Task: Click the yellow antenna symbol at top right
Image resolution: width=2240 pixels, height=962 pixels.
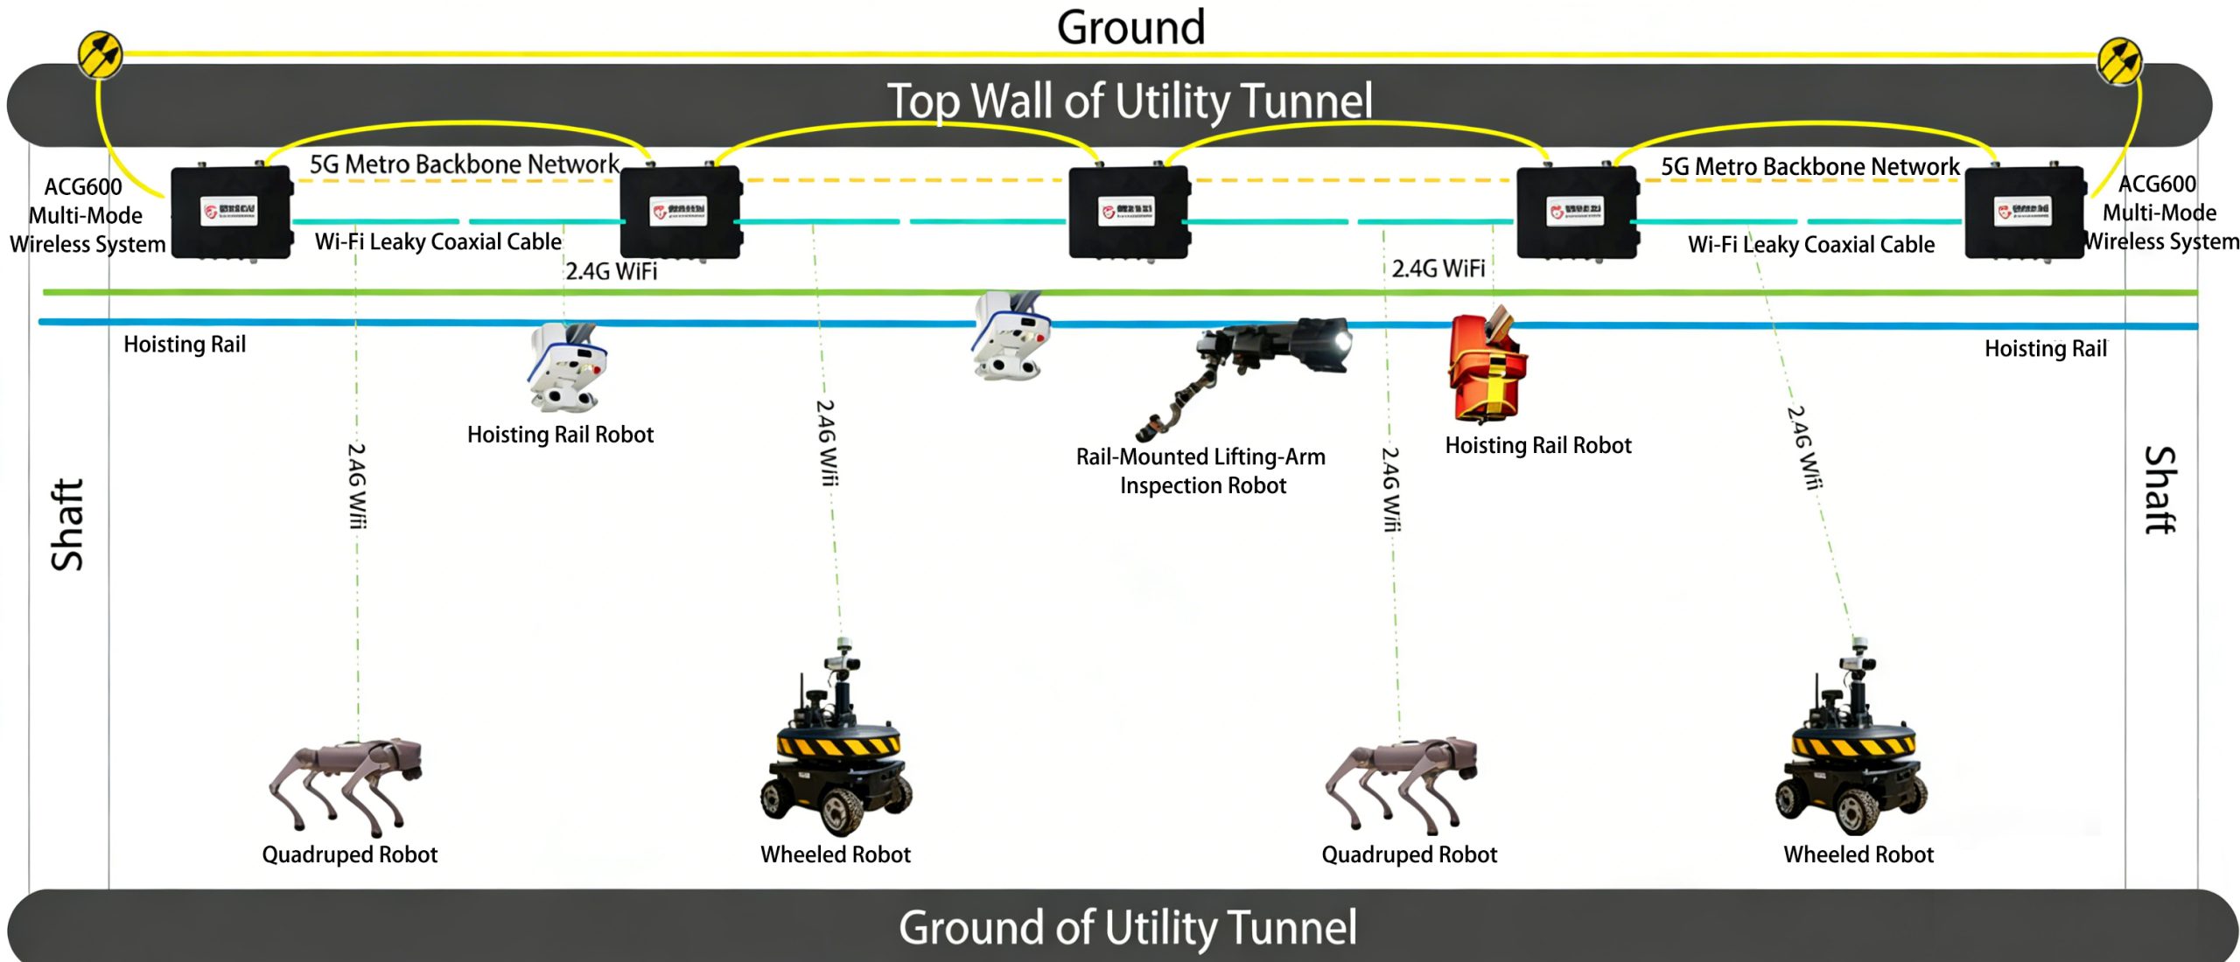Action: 2119,61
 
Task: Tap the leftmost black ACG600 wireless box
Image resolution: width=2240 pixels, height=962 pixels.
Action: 231,212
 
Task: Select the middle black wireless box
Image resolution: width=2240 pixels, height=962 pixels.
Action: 1129,212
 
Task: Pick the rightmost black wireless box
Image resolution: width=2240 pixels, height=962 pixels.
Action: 2025,212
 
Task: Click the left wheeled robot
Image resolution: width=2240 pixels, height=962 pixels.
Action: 836,752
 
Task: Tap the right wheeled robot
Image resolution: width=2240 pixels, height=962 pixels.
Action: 1851,752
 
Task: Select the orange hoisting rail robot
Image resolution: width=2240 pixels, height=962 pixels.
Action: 1487,367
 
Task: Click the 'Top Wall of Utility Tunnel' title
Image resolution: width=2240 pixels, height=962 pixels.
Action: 1130,101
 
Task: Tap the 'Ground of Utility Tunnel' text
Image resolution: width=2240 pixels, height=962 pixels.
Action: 1128,927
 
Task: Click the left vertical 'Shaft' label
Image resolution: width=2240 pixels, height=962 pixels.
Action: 67,525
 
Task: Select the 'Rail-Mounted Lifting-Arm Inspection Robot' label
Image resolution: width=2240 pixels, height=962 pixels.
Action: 1201,471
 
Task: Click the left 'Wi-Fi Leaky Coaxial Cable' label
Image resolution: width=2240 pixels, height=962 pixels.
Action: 437,241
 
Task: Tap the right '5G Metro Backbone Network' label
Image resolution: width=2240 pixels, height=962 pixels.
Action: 1809,166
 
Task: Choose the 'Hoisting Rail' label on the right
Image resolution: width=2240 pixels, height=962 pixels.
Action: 2045,349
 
